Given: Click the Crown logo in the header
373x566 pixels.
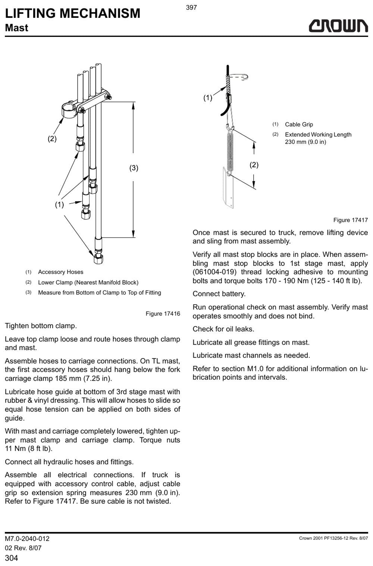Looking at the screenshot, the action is coord(338,26).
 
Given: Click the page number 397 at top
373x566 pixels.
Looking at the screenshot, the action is coord(191,7).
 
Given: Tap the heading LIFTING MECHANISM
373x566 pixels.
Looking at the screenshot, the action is coord(72,13).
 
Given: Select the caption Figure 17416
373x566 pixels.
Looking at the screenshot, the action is coord(163,314).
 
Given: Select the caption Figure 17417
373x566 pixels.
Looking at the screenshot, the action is coord(351,220).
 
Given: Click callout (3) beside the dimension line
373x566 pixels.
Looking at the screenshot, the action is coord(134,168).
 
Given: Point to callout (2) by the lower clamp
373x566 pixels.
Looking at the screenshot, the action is coord(52,138).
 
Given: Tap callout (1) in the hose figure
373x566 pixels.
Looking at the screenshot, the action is coord(59,204).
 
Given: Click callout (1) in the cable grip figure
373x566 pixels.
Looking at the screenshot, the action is coord(208,98).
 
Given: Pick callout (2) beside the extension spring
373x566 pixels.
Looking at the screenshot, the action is coord(254,165).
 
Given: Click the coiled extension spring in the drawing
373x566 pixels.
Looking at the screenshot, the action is coord(230,152).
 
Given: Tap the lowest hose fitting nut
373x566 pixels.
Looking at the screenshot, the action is coord(98,258).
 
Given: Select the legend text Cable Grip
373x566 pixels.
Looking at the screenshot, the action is coord(299,124).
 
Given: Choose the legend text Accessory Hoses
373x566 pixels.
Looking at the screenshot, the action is coord(61,272).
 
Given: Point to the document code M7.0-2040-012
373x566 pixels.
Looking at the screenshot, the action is coord(27,538).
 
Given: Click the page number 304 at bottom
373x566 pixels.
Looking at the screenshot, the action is coord(11,558).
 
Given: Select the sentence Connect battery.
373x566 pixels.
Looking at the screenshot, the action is coord(219,294).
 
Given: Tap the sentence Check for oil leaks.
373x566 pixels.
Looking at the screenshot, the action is coord(223,329).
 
